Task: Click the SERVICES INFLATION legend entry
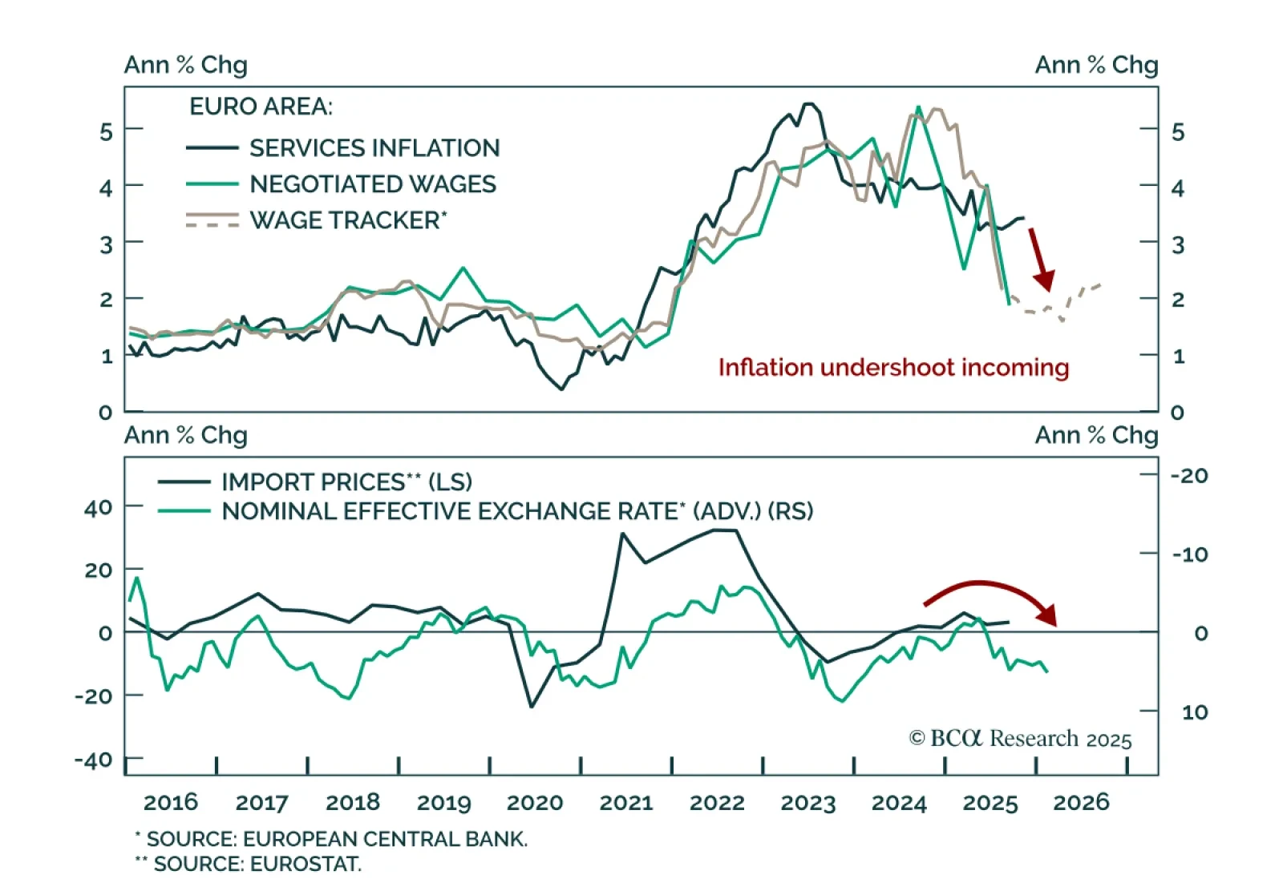tap(374, 148)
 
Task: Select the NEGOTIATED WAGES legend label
tap(372, 184)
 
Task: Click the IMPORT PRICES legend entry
tap(346, 482)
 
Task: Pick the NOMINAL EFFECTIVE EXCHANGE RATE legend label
tap(516, 511)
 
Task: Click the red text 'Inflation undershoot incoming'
tap(893, 368)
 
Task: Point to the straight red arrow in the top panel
tap(1041, 258)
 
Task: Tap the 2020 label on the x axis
tap(535, 802)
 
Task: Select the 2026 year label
tap(1081, 802)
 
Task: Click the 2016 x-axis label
tap(171, 802)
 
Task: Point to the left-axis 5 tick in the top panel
tap(106, 131)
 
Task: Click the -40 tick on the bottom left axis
tap(94, 760)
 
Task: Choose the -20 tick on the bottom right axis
tap(1189, 476)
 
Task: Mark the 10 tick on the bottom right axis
tap(1194, 712)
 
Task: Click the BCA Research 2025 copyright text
tap(1020, 738)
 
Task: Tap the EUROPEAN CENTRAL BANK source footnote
tap(331, 839)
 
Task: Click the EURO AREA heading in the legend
tap(261, 107)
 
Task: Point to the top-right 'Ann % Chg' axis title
tap(1096, 65)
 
